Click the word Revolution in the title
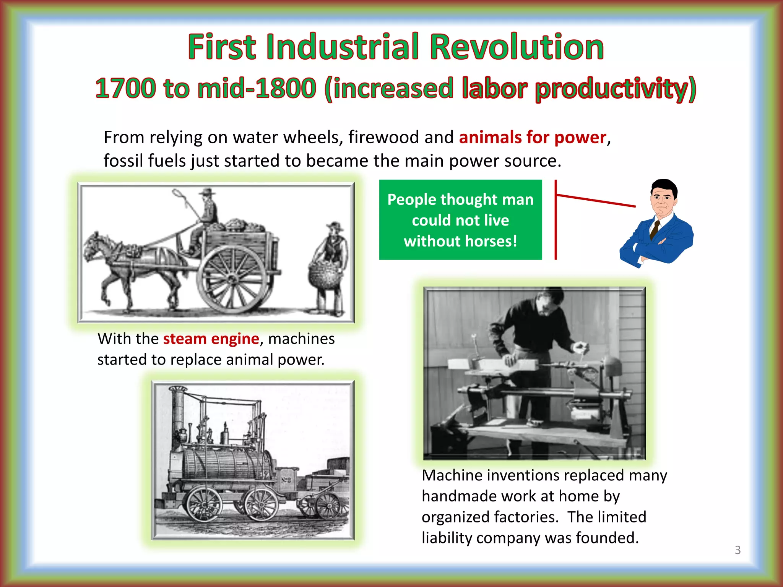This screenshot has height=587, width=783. click(x=517, y=47)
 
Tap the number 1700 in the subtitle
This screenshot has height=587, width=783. click(x=125, y=88)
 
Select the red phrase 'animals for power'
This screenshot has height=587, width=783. click(x=533, y=137)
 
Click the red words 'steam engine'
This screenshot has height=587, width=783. click(x=211, y=339)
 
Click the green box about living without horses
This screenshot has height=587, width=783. click(x=460, y=220)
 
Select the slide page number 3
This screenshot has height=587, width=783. click(x=738, y=550)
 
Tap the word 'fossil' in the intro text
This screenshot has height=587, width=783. click(x=123, y=161)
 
